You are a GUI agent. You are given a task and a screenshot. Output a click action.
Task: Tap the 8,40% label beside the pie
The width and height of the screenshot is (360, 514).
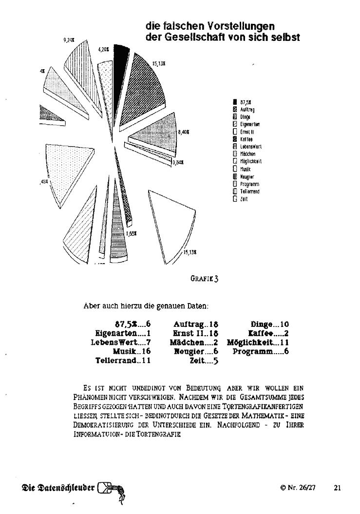tap(184, 132)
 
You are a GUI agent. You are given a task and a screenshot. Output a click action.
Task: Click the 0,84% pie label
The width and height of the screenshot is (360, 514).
tap(178, 162)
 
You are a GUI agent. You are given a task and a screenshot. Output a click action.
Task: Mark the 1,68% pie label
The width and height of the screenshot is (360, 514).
tap(131, 233)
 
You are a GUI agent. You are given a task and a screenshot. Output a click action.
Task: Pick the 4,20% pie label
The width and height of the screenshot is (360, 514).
tap(103, 49)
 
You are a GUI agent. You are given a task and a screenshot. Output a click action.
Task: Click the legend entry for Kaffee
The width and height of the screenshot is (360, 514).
tap(244, 139)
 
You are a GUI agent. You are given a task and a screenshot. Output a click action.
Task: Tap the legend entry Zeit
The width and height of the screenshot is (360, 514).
tap(242, 199)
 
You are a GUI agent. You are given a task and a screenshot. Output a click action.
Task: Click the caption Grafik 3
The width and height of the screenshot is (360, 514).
tap(204, 279)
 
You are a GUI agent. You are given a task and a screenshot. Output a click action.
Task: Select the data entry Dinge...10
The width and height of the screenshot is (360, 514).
tap(270, 324)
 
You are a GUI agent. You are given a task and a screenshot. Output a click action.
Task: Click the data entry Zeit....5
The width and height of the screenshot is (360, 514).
tap(204, 361)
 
